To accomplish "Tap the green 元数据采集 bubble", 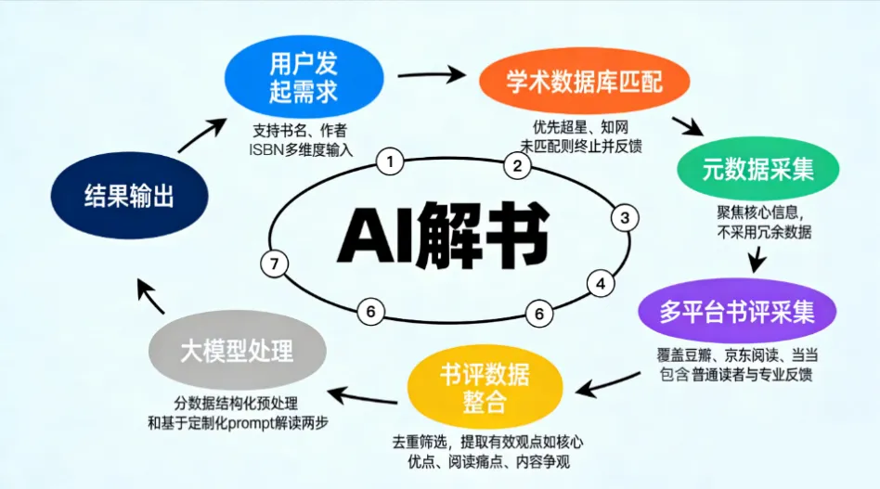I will coord(758,169).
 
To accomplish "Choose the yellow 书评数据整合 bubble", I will coord(485,388).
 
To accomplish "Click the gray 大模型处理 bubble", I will coord(237,351).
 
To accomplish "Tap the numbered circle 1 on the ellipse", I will coord(391,162).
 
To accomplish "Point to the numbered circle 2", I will coord(518,167).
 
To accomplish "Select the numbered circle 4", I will coord(601,283).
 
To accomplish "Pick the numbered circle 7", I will coord(273,264).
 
